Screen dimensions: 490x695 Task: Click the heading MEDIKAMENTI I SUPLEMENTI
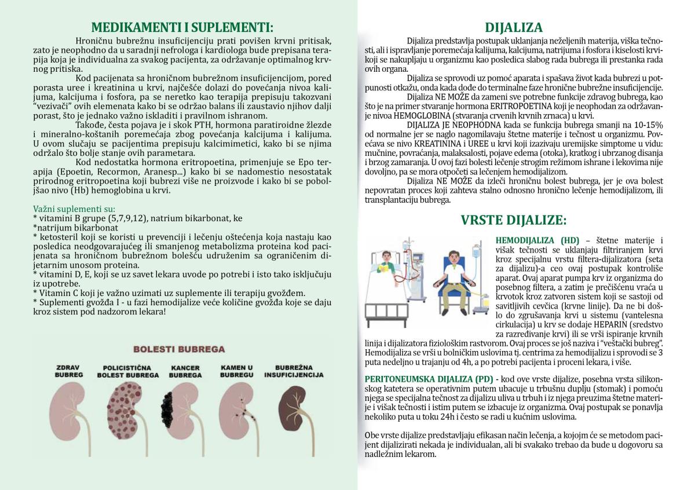182,27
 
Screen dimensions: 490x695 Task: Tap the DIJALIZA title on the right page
514,27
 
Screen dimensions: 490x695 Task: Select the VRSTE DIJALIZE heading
514,220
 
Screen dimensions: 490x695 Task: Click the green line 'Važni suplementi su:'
74,209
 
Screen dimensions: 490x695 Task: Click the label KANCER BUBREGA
185,371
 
